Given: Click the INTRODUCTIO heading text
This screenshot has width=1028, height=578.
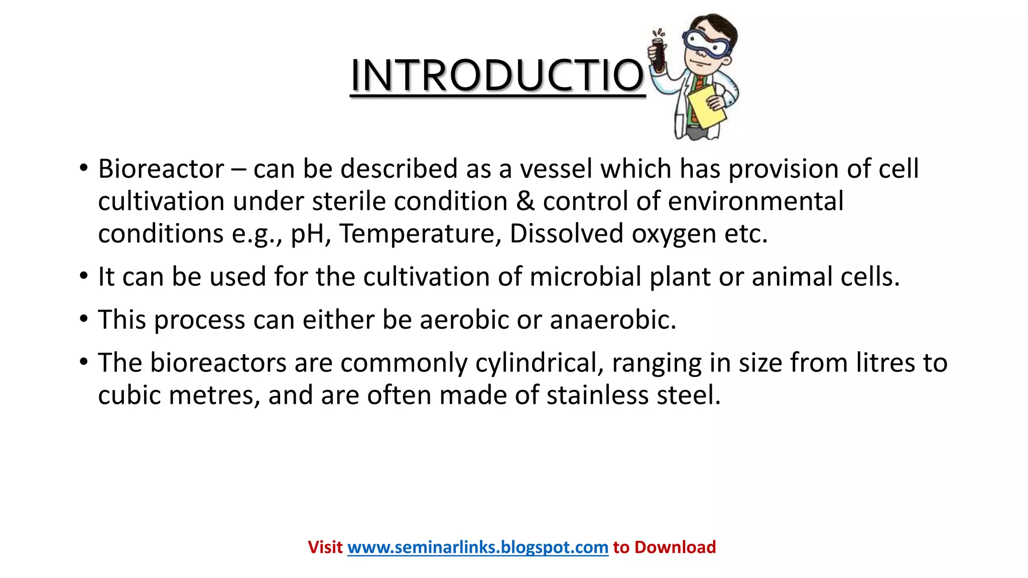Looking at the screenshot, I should (497, 75).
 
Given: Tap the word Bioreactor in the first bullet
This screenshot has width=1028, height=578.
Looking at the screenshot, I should (161, 169).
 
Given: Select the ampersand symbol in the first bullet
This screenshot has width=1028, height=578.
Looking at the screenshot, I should (525, 201).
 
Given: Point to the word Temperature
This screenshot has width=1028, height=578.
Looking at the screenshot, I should (420, 234).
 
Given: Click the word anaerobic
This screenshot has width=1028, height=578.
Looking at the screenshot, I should (613, 320).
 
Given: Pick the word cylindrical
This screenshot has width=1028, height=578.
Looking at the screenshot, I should (539, 363).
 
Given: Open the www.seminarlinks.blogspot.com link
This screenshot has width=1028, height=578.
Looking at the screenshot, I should (477, 547).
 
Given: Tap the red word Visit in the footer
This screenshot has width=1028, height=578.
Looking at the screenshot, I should (325, 547).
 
